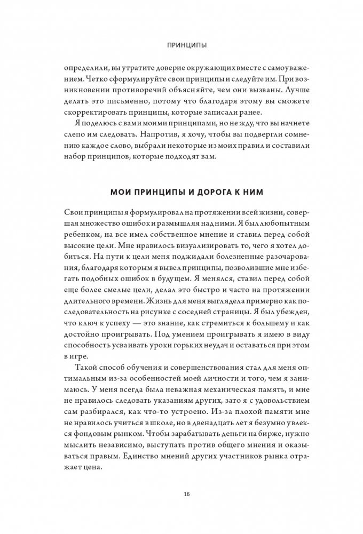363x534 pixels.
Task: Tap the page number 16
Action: tap(181, 493)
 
